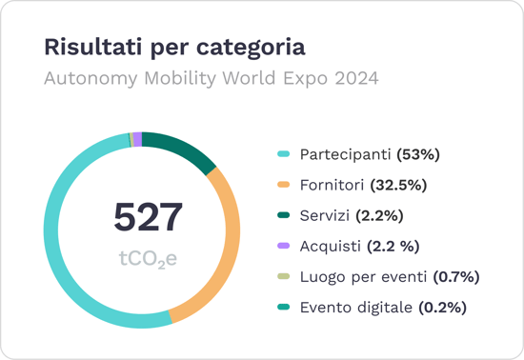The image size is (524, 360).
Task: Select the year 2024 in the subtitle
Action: pos(354,78)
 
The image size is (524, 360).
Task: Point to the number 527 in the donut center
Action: pos(148,217)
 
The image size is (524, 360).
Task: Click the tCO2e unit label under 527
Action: pos(148,258)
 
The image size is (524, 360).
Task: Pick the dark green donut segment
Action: pos(181,150)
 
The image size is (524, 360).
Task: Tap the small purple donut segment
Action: pos(137,139)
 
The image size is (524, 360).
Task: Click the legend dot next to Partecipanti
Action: pos(283,154)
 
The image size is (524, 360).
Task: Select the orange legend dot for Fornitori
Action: pos(283,185)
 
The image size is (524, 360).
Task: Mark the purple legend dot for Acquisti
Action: pos(283,247)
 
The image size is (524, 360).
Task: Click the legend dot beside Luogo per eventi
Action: pos(283,277)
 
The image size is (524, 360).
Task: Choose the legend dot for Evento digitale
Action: pos(283,308)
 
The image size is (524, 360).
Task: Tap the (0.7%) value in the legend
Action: pos(455,277)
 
